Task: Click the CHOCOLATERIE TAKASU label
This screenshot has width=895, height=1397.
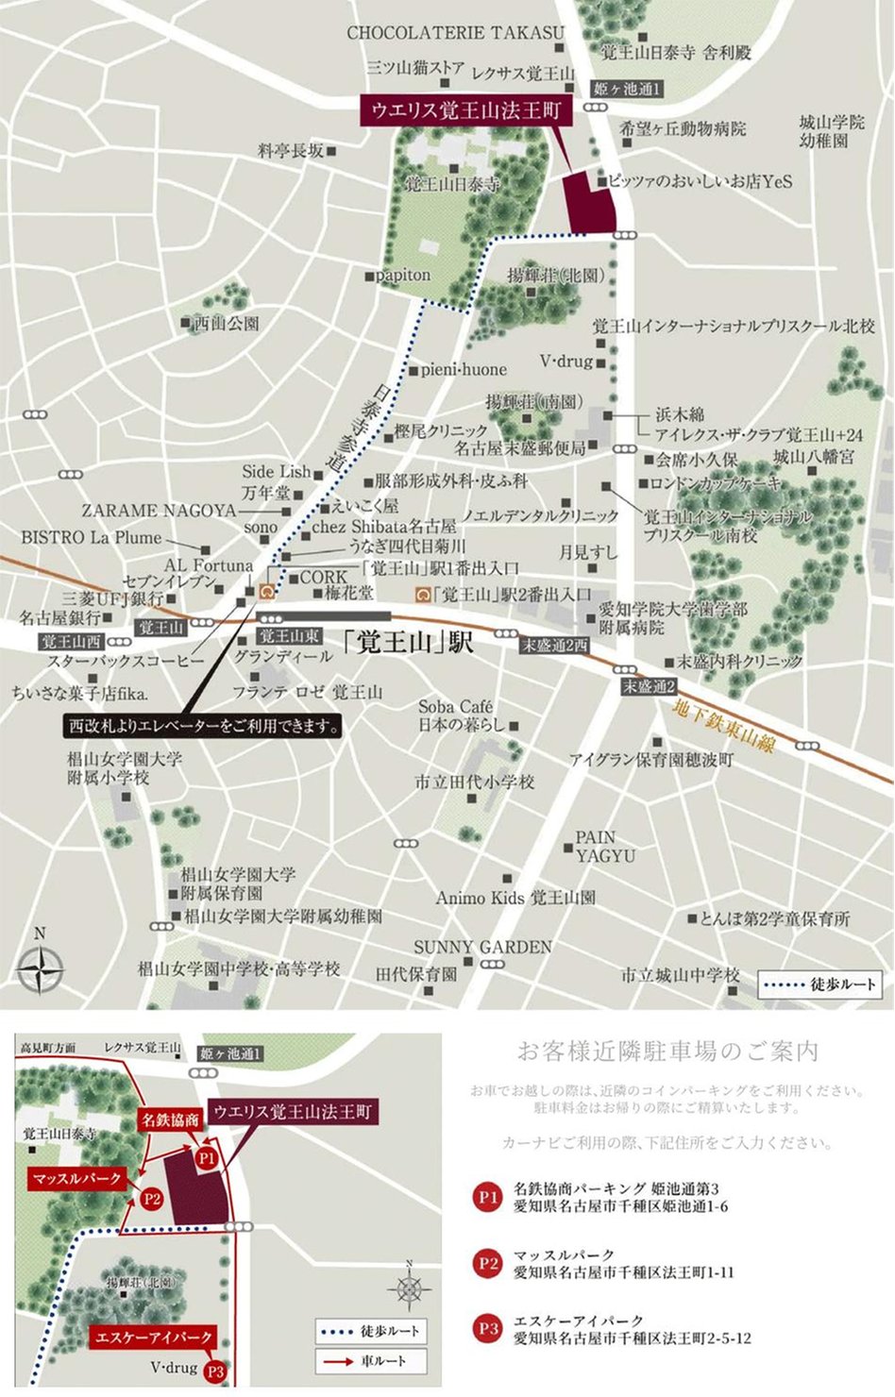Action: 455,32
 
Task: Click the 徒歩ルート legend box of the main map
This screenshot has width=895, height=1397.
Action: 820,985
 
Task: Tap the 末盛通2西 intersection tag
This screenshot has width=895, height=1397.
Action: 555,645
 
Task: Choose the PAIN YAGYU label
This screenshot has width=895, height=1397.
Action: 605,847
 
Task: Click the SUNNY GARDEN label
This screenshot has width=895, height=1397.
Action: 482,947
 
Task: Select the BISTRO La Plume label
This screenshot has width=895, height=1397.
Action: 92,537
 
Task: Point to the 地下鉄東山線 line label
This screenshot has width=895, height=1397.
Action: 725,727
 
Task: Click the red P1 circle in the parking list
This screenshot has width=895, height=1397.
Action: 487,1197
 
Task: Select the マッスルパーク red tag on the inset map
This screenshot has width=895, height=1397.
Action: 77,1179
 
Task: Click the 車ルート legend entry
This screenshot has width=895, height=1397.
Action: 371,1361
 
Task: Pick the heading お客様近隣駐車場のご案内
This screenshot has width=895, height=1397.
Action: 667,1051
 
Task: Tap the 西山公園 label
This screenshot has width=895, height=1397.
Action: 226,324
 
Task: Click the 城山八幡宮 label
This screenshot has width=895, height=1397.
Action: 813,457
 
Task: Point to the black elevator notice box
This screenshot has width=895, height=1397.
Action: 203,727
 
